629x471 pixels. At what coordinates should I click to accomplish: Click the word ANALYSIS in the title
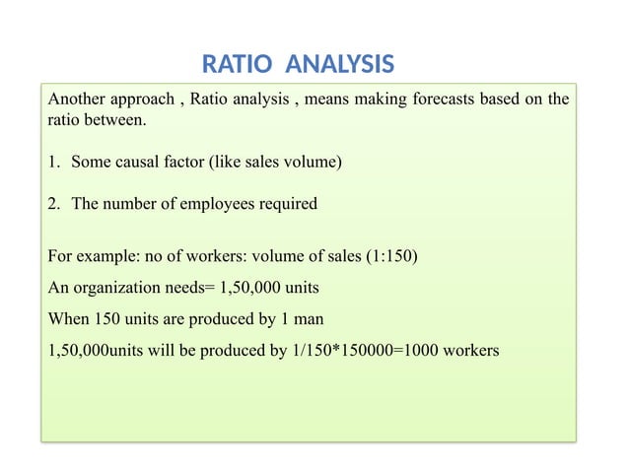(338, 65)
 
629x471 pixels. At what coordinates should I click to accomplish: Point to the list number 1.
(53, 162)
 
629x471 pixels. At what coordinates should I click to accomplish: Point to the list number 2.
(53, 204)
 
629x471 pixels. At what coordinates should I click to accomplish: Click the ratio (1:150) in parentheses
(391, 259)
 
